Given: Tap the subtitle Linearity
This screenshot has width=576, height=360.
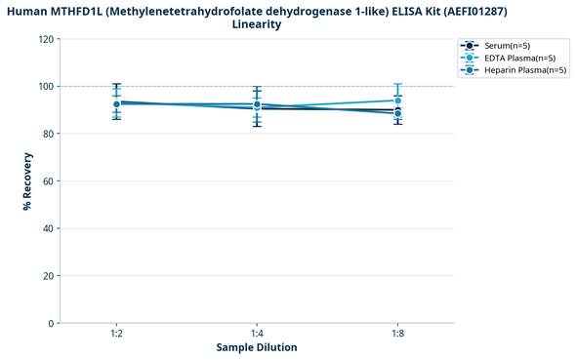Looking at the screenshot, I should pos(257,24).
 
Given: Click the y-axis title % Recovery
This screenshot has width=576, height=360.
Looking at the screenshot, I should pos(27,180).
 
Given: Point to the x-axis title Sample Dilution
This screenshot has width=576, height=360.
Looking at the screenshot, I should pos(257,347).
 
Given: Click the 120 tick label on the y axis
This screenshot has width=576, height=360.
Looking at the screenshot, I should pos(45,39).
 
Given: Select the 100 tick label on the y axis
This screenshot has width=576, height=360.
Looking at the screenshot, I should pos(45,87).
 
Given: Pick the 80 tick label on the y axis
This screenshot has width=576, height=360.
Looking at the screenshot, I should pos(48,134).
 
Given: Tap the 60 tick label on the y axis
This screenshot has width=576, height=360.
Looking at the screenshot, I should pos(48,181).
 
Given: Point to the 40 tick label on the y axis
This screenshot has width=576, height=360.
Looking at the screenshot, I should pos(48,228).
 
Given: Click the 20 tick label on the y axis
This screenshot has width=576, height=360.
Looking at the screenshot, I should pos(48,276).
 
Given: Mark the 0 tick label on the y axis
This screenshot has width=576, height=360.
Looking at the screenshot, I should pos(51,323).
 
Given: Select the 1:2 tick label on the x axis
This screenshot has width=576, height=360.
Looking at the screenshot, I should pos(116,334).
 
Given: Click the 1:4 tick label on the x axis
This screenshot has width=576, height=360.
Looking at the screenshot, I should pos(257,334).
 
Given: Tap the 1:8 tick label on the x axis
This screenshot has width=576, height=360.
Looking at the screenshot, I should pos(397,334).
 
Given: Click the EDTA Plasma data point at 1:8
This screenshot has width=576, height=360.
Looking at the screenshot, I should pos(397,100).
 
